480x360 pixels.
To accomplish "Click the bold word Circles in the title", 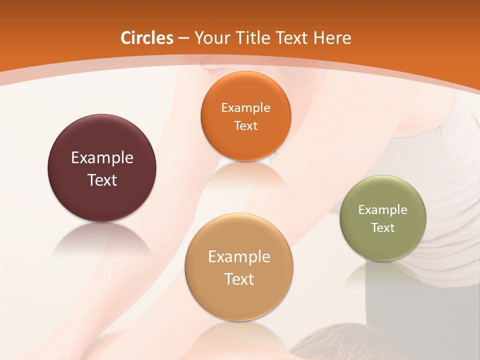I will coord(147,38).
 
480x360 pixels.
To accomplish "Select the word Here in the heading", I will coord(332,38).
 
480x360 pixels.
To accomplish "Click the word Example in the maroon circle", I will coord(102,158).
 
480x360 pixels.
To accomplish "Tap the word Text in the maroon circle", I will coord(102,180).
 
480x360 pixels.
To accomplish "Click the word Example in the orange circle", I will coord(245,108).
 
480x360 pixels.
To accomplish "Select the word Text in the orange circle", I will coord(245,125).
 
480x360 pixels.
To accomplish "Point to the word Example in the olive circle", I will coord(383,210).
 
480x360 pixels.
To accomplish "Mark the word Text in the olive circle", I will coord(383,228).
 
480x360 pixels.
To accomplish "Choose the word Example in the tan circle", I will coord(239,257).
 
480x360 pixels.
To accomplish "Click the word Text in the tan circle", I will coord(239,279).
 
